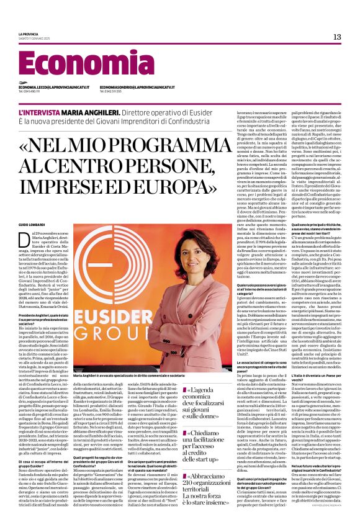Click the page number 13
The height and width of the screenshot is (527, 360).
pyautogui.click(x=336, y=37)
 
